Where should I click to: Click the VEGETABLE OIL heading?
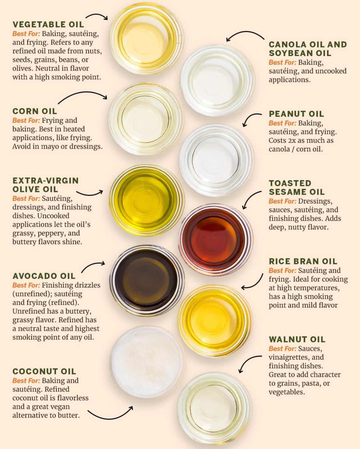48,24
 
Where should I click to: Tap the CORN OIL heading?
34,111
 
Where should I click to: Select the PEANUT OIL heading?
296,114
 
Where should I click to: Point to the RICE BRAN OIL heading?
303,261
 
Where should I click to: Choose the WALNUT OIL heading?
297,339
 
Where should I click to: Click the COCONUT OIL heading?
44,371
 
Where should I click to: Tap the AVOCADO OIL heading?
44,276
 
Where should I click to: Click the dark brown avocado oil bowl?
147,281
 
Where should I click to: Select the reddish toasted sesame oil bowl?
216,240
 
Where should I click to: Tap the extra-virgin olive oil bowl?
147,200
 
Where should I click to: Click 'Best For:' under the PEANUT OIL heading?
282,123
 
